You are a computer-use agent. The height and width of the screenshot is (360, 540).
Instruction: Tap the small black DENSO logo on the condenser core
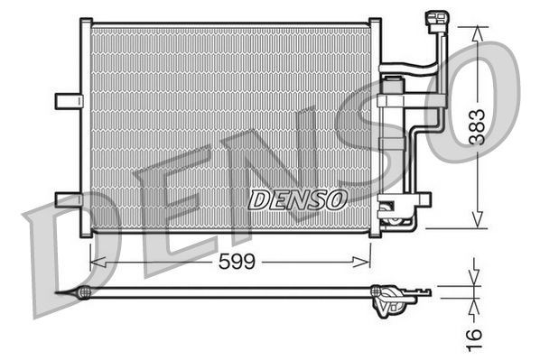(x=297, y=198)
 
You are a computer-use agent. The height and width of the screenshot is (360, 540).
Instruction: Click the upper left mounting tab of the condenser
(x=68, y=100)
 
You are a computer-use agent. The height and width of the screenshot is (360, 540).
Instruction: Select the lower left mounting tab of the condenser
(x=68, y=198)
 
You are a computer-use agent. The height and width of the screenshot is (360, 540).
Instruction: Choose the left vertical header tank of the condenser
(x=86, y=126)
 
